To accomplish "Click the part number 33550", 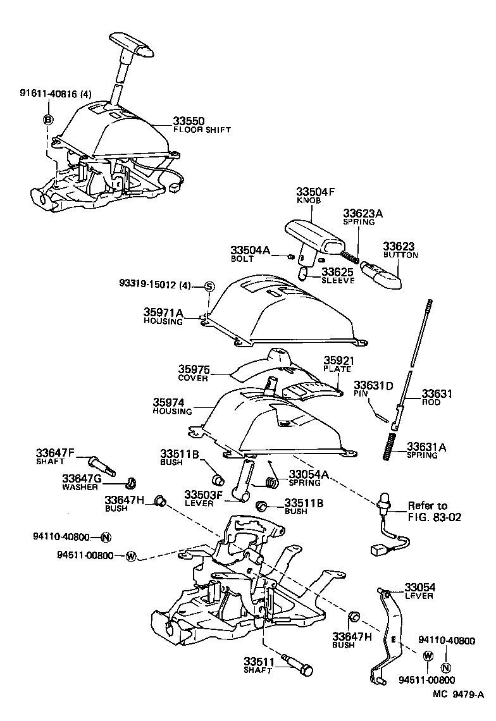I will click(191, 120).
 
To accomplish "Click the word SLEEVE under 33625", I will click(338, 280).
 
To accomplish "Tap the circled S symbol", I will click(209, 287).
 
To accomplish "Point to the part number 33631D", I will click(373, 385).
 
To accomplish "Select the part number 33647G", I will click(79, 478).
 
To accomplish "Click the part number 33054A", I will click(309, 474).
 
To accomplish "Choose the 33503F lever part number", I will click(203, 495).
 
